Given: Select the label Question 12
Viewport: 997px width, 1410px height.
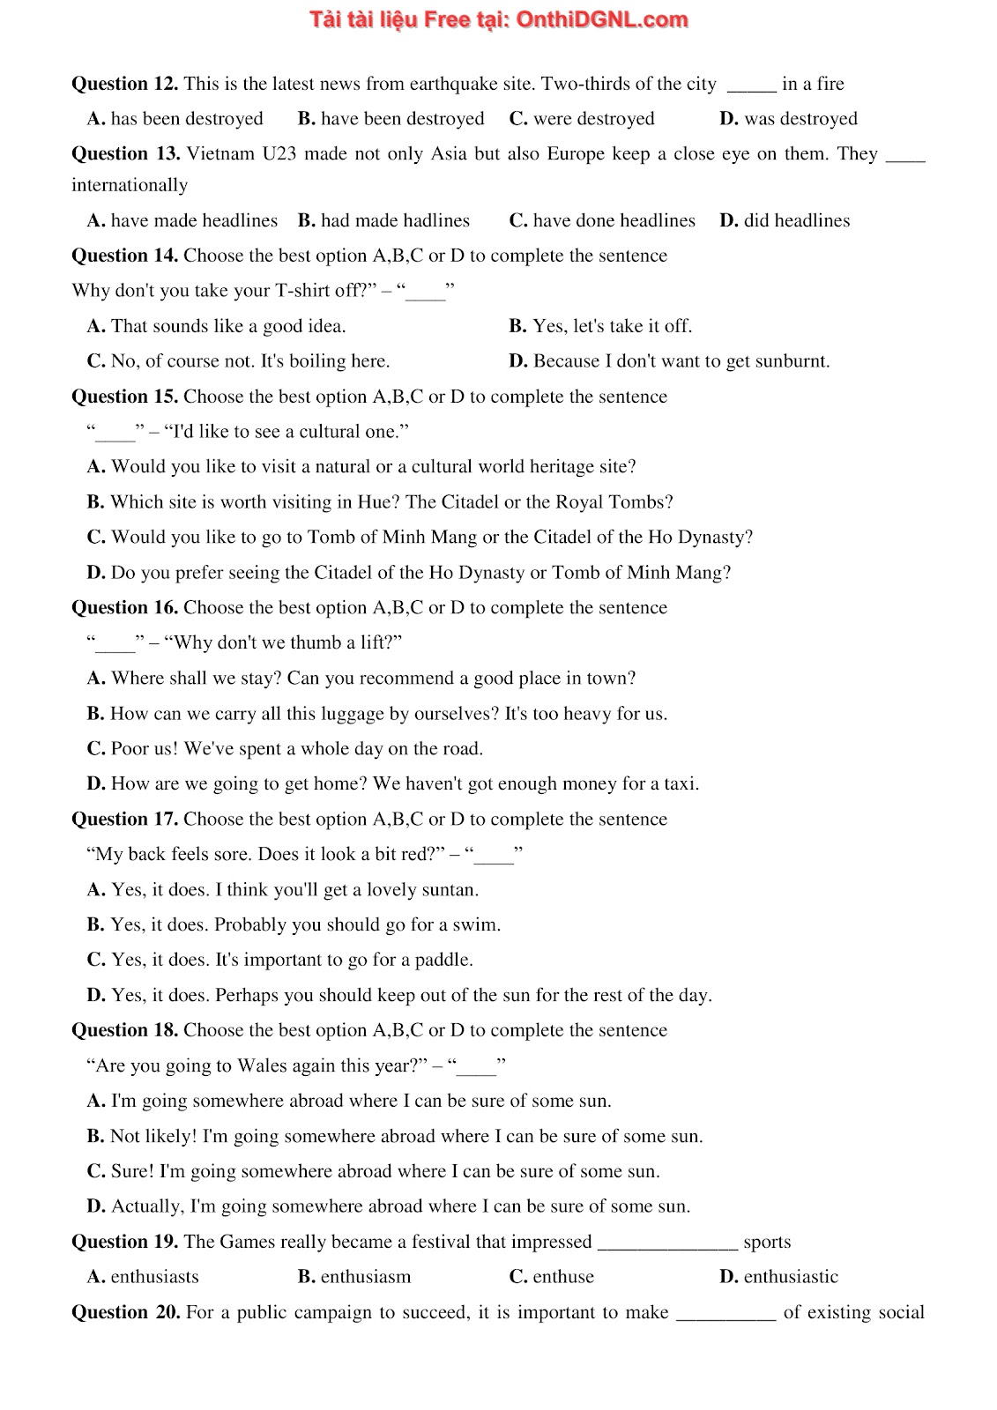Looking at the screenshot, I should click(x=124, y=84).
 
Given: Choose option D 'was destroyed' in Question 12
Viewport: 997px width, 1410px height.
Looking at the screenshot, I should click(x=788, y=119).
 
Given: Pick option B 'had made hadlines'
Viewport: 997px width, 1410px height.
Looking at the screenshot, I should click(x=383, y=220).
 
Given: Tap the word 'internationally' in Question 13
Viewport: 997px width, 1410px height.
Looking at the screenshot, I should click(x=130, y=185).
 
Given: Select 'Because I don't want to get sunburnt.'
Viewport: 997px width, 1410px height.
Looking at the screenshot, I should click(x=669, y=361).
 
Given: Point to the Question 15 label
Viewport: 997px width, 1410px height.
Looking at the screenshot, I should click(x=124, y=397).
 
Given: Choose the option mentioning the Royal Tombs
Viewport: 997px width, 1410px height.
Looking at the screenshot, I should click(x=380, y=502).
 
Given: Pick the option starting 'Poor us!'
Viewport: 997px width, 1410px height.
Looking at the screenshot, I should click(x=285, y=749).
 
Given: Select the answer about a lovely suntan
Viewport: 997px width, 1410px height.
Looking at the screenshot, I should click(x=283, y=890).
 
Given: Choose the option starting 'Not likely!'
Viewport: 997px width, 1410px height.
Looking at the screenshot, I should click(x=395, y=1137).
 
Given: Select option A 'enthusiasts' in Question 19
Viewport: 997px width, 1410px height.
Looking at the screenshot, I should click(x=143, y=1277).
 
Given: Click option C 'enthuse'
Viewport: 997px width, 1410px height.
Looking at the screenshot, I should click(x=552, y=1277).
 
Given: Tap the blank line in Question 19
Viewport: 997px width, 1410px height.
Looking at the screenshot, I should click(x=667, y=1244).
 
